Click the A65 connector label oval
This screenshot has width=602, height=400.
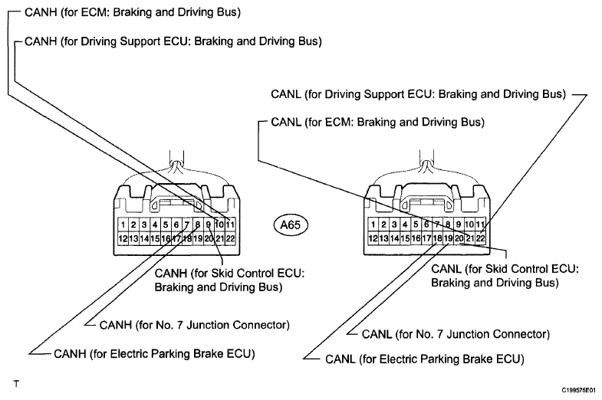click(x=291, y=225)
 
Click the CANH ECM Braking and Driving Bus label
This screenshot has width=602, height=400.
click(x=133, y=12)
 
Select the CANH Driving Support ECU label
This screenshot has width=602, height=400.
click(x=173, y=41)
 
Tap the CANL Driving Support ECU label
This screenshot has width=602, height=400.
click(x=418, y=94)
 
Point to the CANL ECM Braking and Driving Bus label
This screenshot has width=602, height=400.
click(x=377, y=123)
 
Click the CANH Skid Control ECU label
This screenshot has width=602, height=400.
click(x=229, y=280)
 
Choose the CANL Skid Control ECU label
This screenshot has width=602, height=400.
click(x=505, y=276)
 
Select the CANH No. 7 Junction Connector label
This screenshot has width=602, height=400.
click(x=194, y=325)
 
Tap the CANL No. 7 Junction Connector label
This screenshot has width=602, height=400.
click(x=456, y=334)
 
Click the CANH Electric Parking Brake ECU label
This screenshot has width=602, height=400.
click(x=154, y=353)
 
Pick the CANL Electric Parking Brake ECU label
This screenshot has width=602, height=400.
click(x=425, y=359)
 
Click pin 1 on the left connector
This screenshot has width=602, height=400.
click(x=123, y=225)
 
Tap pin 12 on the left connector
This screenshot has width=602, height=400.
click(x=123, y=238)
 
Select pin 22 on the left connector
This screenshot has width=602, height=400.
click(x=230, y=238)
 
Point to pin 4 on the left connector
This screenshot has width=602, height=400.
click(x=155, y=225)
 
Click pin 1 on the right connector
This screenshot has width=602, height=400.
click(x=373, y=225)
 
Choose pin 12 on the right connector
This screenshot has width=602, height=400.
click(x=373, y=238)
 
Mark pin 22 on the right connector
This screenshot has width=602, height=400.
click(x=480, y=238)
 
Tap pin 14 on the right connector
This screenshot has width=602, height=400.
click(x=394, y=238)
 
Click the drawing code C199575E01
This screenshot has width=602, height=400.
click(x=579, y=390)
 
